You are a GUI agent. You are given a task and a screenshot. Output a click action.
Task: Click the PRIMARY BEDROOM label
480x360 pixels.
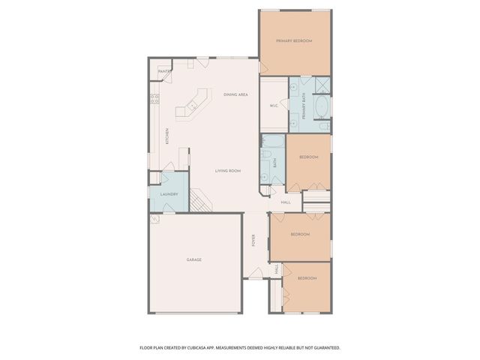pos(293,40)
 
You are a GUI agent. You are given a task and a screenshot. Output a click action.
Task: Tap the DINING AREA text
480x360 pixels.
pos(236,94)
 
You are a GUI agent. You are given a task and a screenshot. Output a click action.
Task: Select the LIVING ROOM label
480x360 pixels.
pos(228,171)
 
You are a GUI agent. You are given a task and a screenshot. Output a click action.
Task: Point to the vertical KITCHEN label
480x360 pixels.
pos(167,136)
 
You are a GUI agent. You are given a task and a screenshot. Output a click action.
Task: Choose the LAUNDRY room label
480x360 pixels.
pos(169,195)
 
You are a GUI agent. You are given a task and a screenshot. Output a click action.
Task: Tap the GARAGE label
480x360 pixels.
pos(194,259)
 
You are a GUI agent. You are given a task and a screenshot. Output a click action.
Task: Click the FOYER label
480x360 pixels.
pos(253,240)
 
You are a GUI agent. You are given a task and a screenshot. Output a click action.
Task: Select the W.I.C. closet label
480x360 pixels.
pos(274,106)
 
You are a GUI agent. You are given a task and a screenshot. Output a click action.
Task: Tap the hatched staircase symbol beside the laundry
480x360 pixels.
pos(199,200)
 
